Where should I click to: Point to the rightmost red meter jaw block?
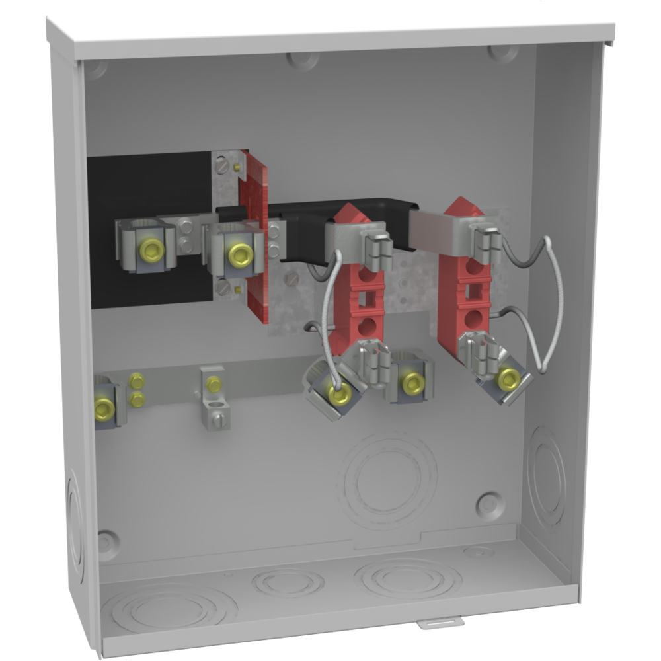click(464, 278)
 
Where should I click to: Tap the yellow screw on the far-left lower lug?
click(104, 409)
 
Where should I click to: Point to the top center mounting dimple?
click(303, 59)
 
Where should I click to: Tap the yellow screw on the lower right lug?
click(508, 379)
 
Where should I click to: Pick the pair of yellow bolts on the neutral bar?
click(137, 390)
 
